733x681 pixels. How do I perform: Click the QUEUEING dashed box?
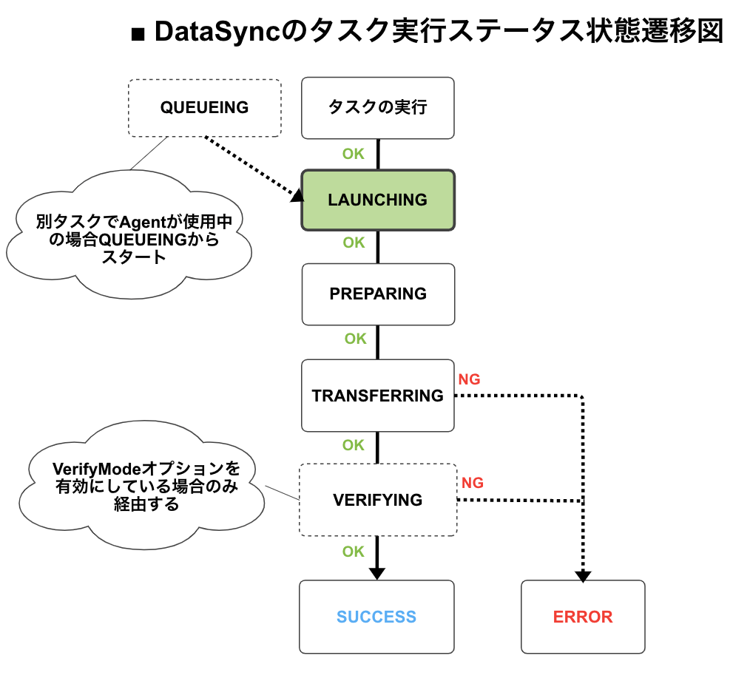[x=204, y=108]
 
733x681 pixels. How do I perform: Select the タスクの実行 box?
[x=377, y=108]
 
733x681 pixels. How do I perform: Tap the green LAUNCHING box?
[x=377, y=200]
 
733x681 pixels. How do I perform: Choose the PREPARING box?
[x=377, y=294]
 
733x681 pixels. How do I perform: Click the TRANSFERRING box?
[x=377, y=396]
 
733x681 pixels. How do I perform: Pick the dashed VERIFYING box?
[x=377, y=500]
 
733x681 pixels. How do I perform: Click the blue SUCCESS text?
[x=376, y=617]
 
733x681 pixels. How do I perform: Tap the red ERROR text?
[x=583, y=617]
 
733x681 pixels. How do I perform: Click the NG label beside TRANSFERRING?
[x=469, y=379]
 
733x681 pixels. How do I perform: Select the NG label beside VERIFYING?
[x=473, y=483]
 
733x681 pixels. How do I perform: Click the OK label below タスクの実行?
[x=354, y=154]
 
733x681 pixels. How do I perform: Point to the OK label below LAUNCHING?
[x=354, y=243]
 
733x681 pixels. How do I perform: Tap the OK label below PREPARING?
[x=355, y=339]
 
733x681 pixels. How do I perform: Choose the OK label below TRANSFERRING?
[x=354, y=445]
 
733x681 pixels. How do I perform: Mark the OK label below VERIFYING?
[x=354, y=552]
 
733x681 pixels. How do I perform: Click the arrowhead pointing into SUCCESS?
[x=377, y=573]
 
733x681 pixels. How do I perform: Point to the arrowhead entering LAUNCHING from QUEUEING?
[x=297, y=195]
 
